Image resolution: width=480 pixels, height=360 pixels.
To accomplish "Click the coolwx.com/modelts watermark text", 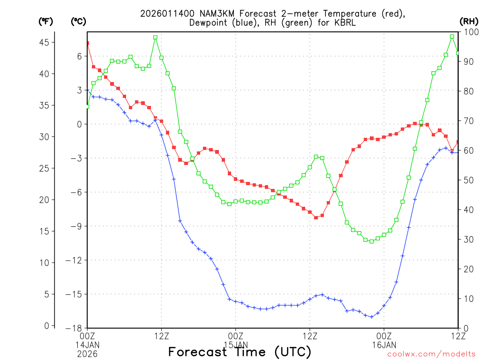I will tap(431, 354).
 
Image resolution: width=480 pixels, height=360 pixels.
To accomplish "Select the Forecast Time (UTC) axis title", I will tap(240, 352).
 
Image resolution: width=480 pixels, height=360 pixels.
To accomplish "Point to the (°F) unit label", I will tap(46, 21).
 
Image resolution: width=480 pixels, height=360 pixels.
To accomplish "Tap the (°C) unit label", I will tap(78, 21).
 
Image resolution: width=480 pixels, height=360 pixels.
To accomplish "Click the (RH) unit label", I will tap(468, 21).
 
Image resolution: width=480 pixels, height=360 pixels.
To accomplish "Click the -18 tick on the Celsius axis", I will tap(75, 328).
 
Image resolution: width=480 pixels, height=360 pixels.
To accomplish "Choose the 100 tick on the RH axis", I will tap(469, 32).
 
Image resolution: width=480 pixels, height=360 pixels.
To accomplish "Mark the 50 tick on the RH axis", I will tap(467, 180).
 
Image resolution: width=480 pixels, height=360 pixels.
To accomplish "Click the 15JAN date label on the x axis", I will tap(235, 345).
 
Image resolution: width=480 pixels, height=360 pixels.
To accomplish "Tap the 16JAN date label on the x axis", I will tap(384, 345).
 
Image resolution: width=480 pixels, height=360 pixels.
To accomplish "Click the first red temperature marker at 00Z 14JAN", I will tap(87, 43).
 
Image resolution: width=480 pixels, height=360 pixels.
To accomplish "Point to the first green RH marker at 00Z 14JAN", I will tap(87, 106).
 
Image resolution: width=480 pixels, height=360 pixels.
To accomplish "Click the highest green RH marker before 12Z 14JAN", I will tap(155, 37).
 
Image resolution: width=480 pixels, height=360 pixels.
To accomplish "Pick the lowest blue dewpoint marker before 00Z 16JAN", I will tap(372, 317).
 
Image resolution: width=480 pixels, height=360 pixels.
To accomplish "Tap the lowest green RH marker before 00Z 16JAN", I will tap(372, 241).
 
